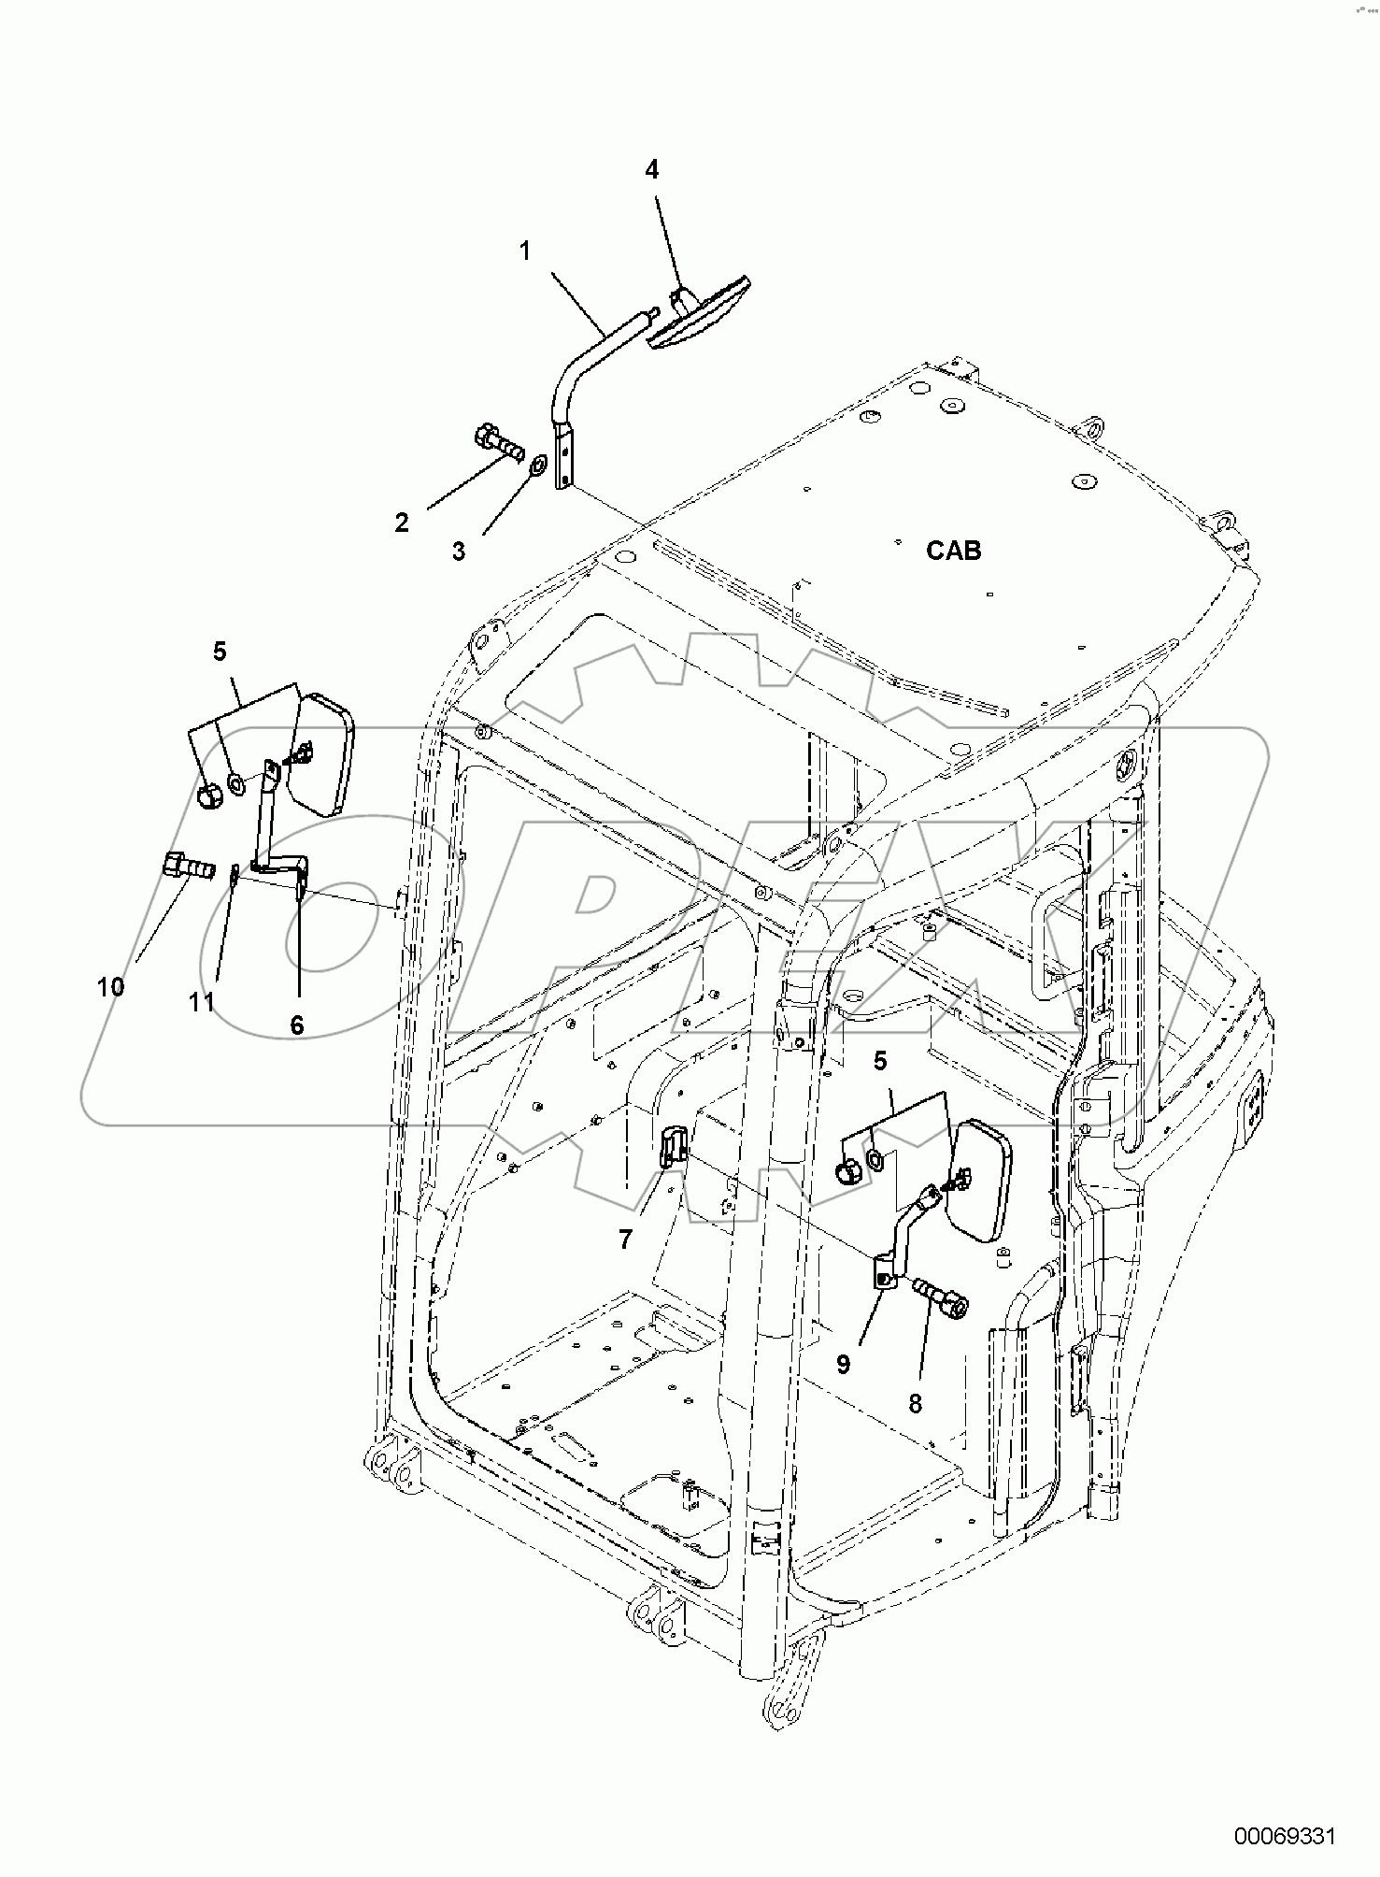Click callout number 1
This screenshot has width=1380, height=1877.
pyautogui.click(x=525, y=251)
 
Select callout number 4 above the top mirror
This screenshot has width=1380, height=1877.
pyautogui.click(x=652, y=169)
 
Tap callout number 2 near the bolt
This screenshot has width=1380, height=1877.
pyautogui.click(x=402, y=523)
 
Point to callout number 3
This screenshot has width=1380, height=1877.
pyautogui.click(x=459, y=552)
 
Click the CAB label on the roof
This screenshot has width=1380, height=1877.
pyautogui.click(x=953, y=551)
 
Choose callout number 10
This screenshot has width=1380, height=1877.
pyautogui.click(x=110, y=986)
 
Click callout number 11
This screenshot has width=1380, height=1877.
pyautogui.click(x=202, y=1002)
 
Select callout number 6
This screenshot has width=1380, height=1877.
pyautogui.click(x=297, y=1024)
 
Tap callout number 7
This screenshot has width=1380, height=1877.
pyautogui.click(x=625, y=1239)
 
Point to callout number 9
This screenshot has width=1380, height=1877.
pyautogui.click(x=843, y=1365)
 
